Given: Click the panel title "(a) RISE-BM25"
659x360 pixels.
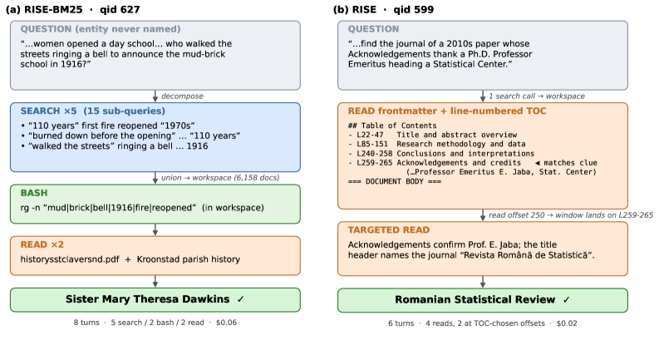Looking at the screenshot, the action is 44,10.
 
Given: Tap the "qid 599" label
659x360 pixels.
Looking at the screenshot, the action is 414,10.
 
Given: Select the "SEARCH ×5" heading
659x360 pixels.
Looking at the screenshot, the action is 49,111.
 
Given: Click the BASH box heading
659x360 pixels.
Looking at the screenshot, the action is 34,193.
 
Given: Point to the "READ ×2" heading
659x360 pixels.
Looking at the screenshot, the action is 42,244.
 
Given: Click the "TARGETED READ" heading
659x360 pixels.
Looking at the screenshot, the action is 389,230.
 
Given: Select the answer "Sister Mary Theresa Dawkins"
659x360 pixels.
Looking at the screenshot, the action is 148,299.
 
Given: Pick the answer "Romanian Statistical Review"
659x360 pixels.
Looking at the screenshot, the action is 475,300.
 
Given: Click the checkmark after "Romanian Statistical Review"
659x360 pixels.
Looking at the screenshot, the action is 566,300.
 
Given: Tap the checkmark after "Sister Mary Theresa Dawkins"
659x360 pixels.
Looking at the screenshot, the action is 240,299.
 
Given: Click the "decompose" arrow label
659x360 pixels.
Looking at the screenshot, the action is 182,96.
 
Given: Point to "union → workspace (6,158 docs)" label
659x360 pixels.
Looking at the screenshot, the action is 220,178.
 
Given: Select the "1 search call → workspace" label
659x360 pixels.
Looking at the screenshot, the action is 536,96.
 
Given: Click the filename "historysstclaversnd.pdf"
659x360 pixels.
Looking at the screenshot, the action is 70,259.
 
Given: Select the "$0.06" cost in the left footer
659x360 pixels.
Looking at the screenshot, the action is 226,323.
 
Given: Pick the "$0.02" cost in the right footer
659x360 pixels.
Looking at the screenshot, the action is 567,323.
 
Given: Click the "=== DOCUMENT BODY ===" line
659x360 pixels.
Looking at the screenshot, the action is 395,182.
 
